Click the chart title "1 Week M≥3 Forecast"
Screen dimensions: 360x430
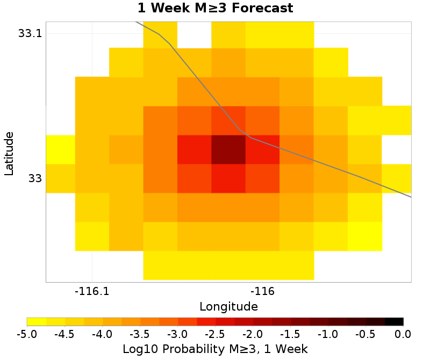coord(215,9)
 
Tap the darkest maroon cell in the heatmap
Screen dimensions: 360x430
coord(228,149)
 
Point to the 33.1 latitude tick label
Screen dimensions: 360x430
coord(30,33)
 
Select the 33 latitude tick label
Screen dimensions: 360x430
coord(34,178)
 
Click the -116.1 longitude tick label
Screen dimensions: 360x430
coord(92,292)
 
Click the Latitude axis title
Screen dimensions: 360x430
coord(9,153)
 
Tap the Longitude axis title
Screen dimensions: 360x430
coord(228,307)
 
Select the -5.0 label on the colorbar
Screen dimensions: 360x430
coord(27,334)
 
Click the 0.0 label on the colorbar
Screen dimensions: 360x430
coord(403,334)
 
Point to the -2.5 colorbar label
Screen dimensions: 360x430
coord(215,334)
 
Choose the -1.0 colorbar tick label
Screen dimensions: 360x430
coord(328,334)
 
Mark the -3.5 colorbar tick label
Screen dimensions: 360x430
coord(140,334)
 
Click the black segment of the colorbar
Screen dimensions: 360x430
coord(394,322)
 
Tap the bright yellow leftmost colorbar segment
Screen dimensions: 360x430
coord(37,322)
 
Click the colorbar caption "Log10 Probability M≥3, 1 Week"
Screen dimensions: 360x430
coord(215,349)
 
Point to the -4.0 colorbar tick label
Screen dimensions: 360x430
coord(102,334)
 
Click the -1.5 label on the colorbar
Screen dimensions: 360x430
coord(290,334)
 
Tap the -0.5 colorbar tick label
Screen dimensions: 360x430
coord(365,334)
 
